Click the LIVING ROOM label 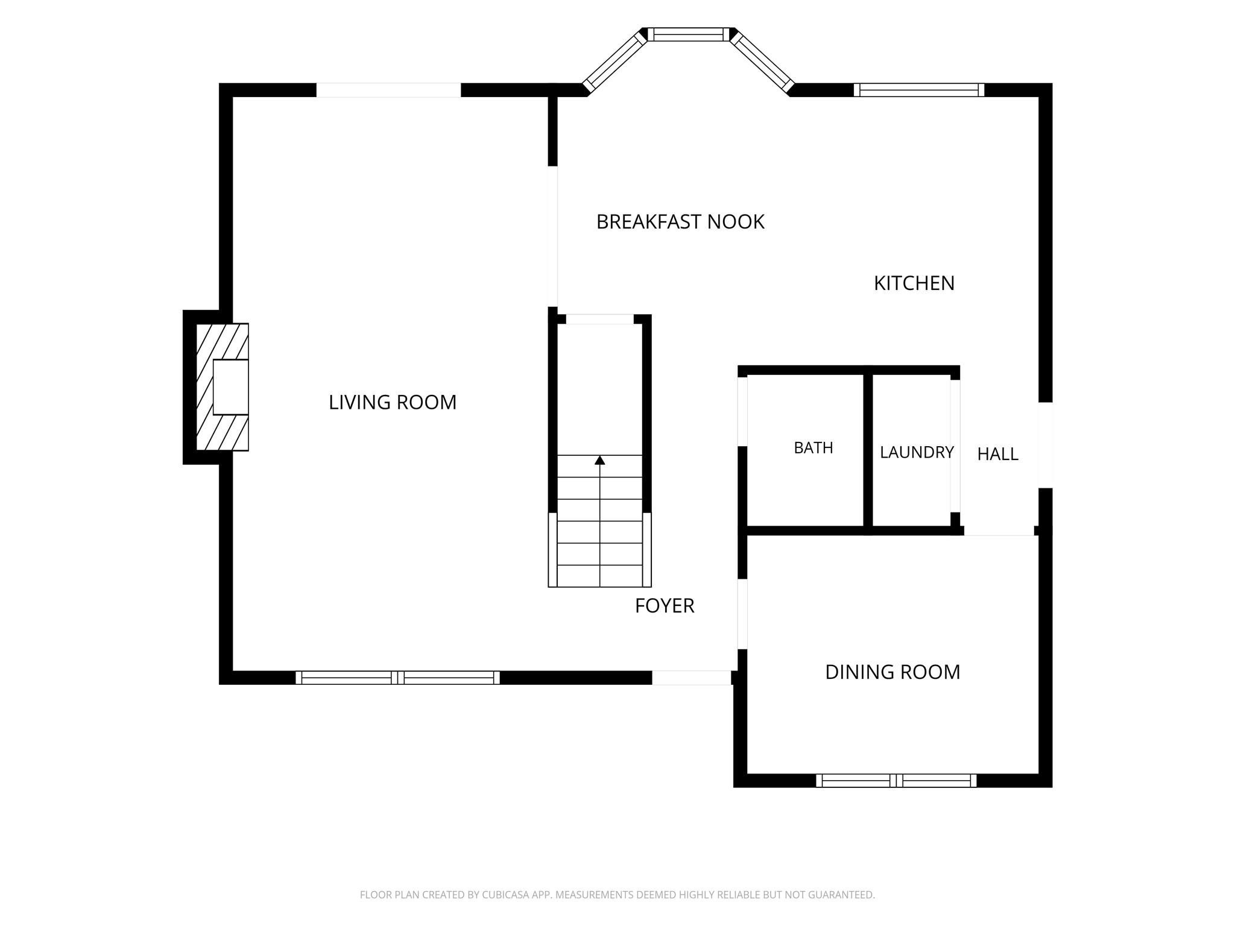[393, 402]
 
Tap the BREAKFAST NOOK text [680, 222]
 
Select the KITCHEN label [914, 283]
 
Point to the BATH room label [813, 448]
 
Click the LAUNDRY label [917, 452]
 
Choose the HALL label [998, 455]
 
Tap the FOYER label [665, 606]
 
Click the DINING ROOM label [892, 672]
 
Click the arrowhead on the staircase [599, 460]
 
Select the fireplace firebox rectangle [231, 387]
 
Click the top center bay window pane [689, 34]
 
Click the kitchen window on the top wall [919, 90]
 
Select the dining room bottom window [896, 781]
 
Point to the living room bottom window [397, 678]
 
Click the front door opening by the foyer [692, 678]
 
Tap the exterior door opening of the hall [1046, 445]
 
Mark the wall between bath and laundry [868, 450]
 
